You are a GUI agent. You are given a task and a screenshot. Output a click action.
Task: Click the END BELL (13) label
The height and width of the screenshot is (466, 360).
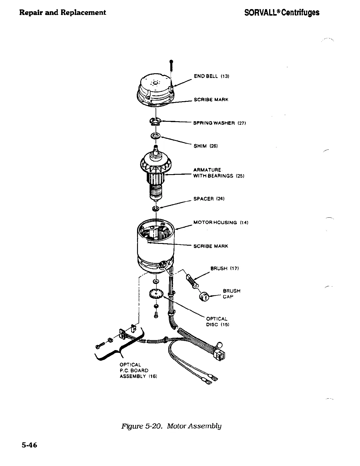click(211, 76)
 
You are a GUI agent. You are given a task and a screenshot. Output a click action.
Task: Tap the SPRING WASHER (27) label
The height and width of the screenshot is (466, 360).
click(219, 123)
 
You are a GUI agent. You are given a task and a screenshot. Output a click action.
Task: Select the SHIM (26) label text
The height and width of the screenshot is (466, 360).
click(205, 146)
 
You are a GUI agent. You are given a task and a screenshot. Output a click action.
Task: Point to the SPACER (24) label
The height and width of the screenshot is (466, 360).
click(209, 199)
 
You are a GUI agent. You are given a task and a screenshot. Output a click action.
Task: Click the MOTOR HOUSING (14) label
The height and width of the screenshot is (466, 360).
click(221, 222)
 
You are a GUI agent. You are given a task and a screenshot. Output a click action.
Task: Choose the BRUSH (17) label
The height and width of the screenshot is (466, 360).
click(224, 268)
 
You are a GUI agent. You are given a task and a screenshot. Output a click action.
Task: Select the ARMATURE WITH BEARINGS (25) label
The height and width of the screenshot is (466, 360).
click(217, 173)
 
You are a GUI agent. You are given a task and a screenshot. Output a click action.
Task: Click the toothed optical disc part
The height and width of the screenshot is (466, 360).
click(156, 294)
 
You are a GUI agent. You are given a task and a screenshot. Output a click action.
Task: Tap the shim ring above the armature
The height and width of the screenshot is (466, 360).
click(155, 136)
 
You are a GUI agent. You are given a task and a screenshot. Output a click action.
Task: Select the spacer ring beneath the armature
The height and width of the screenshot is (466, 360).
click(156, 209)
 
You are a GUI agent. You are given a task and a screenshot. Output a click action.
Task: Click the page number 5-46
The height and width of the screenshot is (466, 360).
click(29, 445)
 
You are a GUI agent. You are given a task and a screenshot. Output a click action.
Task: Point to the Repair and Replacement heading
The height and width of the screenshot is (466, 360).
click(62, 12)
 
